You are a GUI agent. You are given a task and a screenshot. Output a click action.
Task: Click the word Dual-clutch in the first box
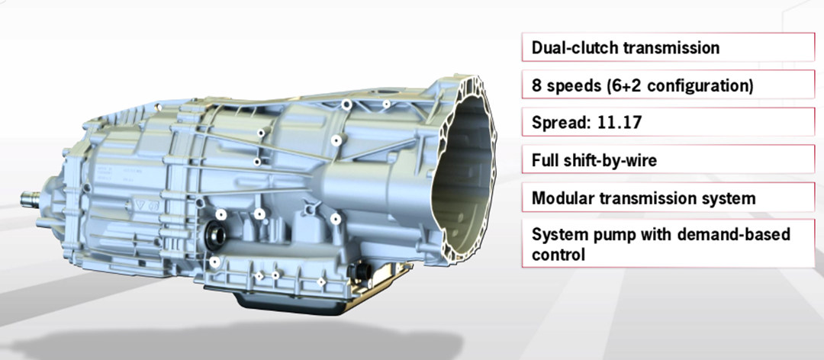(x=576, y=48)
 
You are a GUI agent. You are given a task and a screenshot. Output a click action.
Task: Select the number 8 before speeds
(x=536, y=85)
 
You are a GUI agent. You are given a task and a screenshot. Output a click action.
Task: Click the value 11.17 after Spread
(x=619, y=124)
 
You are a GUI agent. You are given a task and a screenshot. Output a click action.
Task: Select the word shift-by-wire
(x=612, y=161)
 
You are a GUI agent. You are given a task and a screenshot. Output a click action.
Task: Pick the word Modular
(x=564, y=198)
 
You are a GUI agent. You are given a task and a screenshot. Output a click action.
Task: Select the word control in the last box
(x=558, y=256)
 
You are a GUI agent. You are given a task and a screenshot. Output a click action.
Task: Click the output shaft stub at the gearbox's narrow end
(x=31, y=200)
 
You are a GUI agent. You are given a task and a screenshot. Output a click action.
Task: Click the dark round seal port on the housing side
(x=214, y=236)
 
